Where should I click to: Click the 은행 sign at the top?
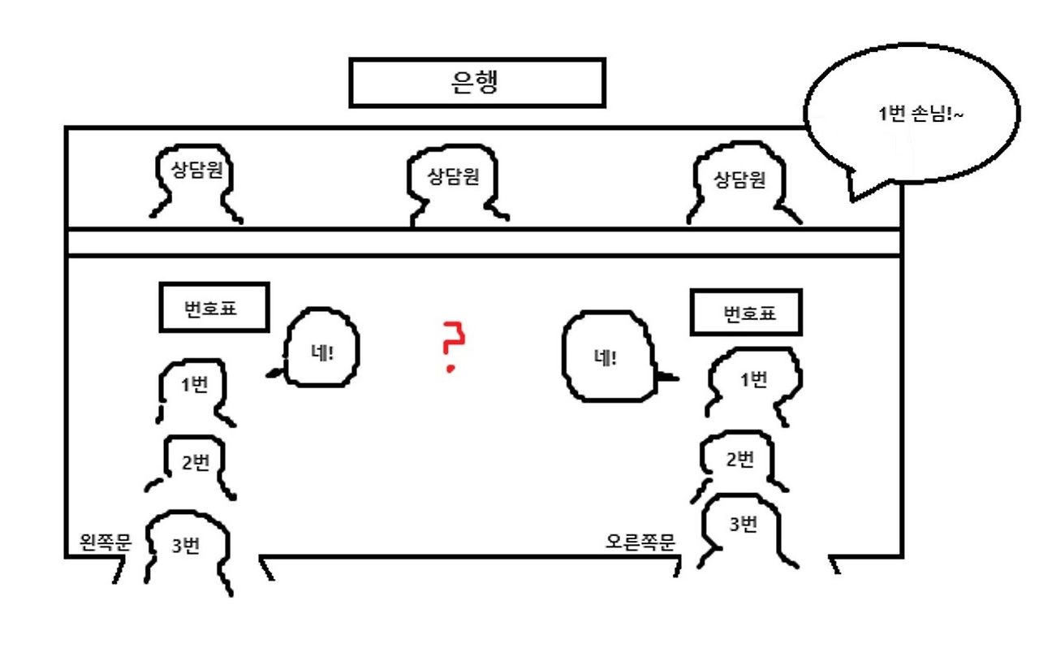pyautogui.click(x=476, y=82)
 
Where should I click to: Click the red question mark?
pyautogui.click(x=453, y=345)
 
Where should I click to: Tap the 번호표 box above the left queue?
pyautogui.click(x=214, y=308)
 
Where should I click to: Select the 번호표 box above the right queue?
pyautogui.click(x=746, y=313)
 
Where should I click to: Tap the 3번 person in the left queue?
pyautogui.click(x=188, y=548)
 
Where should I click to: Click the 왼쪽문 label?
pyautogui.click(x=106, y=542)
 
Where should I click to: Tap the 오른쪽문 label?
pyautogui.click(x=640, y=542)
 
